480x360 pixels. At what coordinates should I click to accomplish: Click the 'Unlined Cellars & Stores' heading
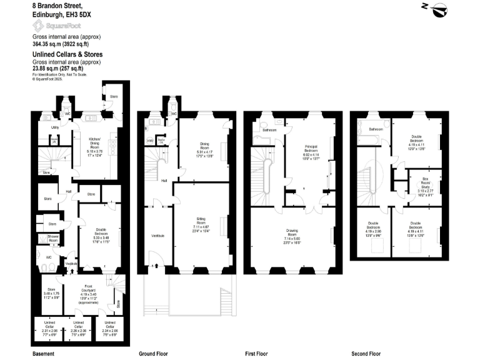(x=67, y=54)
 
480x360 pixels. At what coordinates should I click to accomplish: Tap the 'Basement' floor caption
(x=43, y=353)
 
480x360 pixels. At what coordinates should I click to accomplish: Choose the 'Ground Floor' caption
(x=153, y=353)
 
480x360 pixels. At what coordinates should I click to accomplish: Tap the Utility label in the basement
(x=55, y=127)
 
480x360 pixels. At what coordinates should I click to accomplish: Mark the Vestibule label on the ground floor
(x=157, y=235)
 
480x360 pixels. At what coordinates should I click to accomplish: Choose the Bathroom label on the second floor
(x=375, y=129)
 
